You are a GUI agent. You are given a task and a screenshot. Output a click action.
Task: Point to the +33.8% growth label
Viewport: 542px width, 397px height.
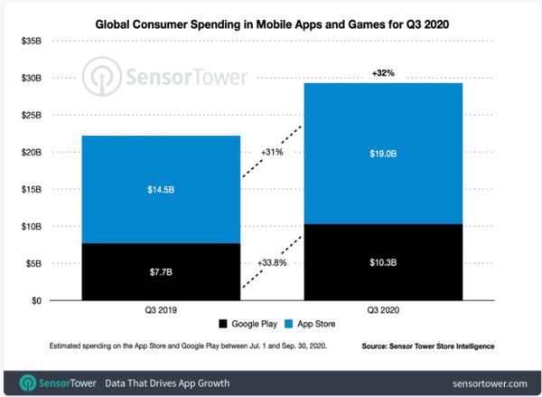pyautogui.click(x=273, y=264)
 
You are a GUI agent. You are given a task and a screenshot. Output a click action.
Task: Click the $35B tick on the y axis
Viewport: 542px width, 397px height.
pyautogui.click(x=30, y=42)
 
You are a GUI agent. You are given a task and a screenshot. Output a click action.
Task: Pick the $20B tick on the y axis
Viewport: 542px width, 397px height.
pyautogui.click(x=30, y=153)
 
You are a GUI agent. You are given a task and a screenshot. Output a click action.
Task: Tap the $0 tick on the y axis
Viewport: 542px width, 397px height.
pyautogui.click(x=35, y=301)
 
